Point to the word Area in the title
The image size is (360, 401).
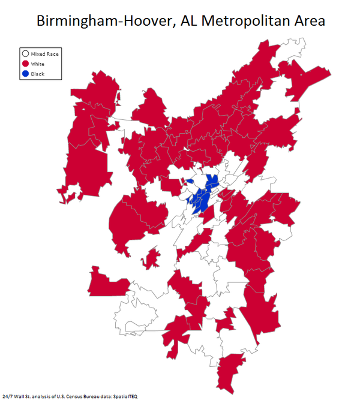pos(305,20)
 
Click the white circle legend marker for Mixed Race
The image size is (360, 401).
pos(26,54)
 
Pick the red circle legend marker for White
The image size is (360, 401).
pos(26,64)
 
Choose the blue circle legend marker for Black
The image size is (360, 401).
pos(26,74)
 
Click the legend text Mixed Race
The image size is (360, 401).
pos(45,54)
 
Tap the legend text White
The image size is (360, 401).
pos(38,64)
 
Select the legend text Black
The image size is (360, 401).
pos(37,74)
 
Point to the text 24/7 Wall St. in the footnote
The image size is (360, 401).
pos(16,397)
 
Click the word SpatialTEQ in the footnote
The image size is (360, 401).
pos(124,397)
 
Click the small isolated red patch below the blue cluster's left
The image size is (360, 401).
pos(151,258)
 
